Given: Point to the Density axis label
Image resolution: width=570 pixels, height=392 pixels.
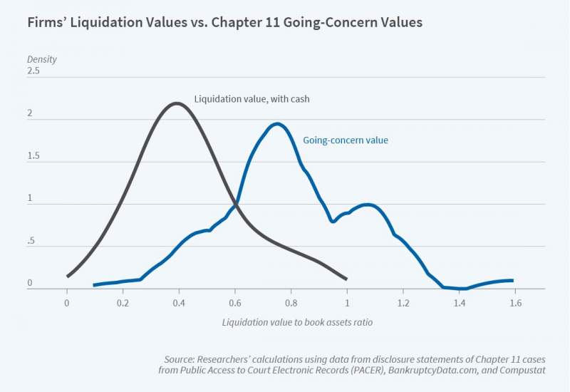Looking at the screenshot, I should [42, 59].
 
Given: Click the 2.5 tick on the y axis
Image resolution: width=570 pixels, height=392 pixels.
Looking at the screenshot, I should [33, 71].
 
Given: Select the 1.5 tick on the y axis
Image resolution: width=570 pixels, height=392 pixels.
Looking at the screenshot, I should [33, 156].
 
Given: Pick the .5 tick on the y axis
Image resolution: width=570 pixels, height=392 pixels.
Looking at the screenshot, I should [31, 242].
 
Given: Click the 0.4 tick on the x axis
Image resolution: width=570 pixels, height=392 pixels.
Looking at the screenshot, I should [179, 302].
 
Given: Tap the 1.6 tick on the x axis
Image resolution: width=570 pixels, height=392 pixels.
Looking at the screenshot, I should [515, 302].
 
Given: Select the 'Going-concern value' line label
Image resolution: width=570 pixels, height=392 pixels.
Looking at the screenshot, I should [346, 140].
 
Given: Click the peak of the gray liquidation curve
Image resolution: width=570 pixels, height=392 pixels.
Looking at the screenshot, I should [177, 103].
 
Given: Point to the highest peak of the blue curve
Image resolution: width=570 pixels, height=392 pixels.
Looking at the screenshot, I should [277, 124].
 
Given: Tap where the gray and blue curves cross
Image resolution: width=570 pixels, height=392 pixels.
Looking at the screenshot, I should [235, 205].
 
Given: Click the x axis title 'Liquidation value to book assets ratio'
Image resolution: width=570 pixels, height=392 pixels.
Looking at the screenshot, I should [297, 322].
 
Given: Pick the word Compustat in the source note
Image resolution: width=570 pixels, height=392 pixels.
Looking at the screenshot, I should [520, 370].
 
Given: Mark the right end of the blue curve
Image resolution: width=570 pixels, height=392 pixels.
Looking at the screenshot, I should [512, 281].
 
